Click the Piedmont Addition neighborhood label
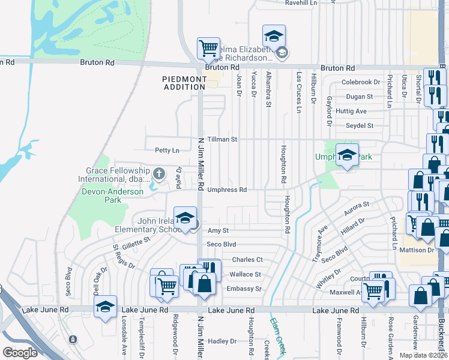point(184,83)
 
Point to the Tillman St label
point(222,139)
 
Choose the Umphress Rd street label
point(227,190)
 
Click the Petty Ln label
point(167,150)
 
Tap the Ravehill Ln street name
point(301,3)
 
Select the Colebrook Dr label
point(361,82)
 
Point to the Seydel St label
point(360,125)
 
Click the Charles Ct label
point(247,260)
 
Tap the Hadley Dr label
point(222,341)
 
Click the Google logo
point(20,352)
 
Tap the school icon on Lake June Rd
point(105,307)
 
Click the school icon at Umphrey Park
point(347,155)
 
